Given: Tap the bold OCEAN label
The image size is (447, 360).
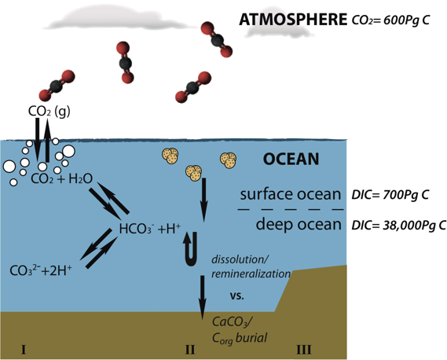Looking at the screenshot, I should (x=291, y=160).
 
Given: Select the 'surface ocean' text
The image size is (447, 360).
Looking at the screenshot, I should (x=291, y=195).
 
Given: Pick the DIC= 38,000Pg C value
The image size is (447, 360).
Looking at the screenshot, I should (x=402, y=225).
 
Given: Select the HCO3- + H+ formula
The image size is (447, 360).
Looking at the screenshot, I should (x=149, y=230).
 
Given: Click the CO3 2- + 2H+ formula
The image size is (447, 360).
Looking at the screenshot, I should (x=41, y=271).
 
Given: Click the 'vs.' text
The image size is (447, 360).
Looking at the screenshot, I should (x=236, y=297).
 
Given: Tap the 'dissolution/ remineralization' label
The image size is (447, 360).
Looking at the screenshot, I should (x=251, y=267).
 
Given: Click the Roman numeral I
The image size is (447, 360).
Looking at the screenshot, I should (x=24, y=349).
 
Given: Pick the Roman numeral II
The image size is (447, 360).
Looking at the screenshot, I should (x=189, y=349).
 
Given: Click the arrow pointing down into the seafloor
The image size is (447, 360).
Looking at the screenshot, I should (x=202, y=294).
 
